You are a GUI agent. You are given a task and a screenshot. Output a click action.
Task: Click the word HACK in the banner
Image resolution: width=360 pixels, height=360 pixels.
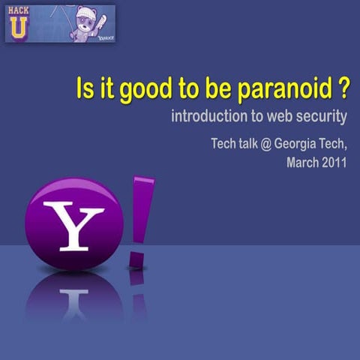[19, 10]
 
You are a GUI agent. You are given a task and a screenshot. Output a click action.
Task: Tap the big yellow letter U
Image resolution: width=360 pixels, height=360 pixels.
[19, 28]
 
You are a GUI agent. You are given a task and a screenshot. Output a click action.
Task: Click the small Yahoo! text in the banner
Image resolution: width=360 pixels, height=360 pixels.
[106, 36]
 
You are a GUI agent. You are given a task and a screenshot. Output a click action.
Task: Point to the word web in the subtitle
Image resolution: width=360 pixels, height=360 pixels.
[279, 117]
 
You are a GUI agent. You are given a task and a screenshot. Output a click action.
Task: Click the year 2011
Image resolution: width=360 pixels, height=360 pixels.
[334, 163]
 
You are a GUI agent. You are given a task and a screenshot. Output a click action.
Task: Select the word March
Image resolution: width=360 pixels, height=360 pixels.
[304, 163]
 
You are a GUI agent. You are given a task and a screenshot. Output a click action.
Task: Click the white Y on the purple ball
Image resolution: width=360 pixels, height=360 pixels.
[73, 224]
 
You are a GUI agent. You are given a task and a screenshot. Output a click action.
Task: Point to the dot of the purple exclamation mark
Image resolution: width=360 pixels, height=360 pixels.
[136, 259]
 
